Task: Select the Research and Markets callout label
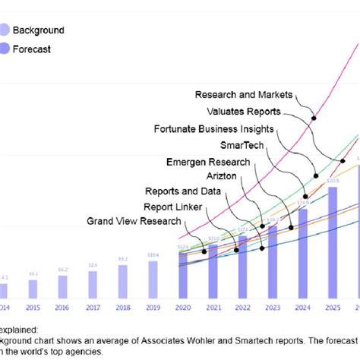tap(243, 95)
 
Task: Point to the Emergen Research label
tap(207, 162)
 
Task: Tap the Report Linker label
tap(174, 207)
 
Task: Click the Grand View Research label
tap(134, 221)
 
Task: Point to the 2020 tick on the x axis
tap(182, 308)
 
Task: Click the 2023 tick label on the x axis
tap(272, 308)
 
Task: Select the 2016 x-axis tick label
tap(63, 308)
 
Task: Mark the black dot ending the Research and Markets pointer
tap(313, 118)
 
